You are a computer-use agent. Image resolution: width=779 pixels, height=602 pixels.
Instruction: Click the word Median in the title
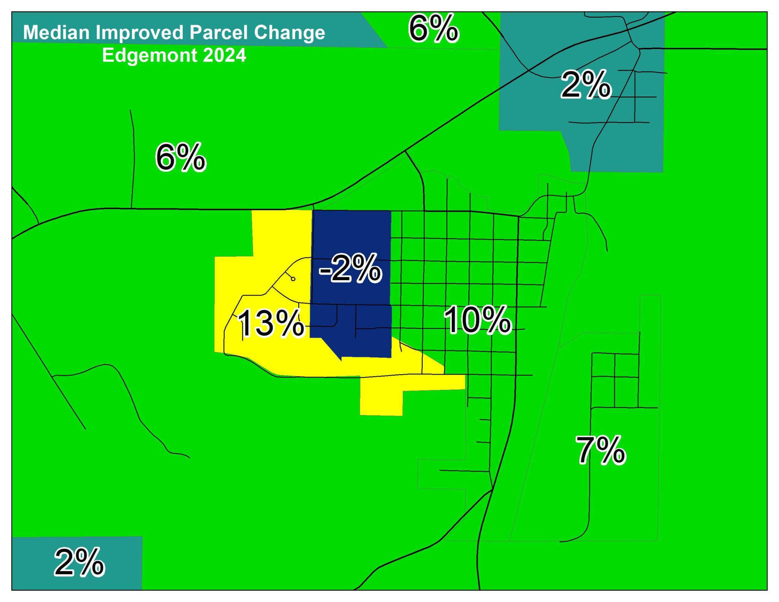[56, 33]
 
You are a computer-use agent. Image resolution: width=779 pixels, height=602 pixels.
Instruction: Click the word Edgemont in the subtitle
[149, 56]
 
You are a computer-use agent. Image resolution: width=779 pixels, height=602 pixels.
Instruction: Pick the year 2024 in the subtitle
[224, 56]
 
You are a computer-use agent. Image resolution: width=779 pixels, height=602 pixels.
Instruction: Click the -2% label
[350, 269]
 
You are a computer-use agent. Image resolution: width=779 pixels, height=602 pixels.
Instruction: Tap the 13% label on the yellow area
[270, 324]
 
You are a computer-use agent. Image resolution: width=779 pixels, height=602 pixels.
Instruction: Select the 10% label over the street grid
[477, 320]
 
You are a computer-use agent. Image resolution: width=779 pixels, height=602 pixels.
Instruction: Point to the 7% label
[600, 451]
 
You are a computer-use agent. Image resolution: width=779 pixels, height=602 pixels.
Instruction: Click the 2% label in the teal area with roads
[586, 85]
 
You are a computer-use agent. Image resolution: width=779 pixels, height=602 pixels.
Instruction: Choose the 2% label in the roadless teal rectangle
[79, 562]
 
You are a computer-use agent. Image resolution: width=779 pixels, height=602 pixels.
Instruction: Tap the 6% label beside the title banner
[433, 29]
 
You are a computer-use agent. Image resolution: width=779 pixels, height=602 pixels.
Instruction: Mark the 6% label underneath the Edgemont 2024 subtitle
[181, 157]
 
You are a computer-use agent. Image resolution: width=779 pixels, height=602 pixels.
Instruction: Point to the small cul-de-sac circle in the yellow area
[293, 279]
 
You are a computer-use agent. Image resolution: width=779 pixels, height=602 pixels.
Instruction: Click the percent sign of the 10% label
[494, 320]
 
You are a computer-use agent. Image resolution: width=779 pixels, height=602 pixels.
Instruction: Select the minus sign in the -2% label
[324, 271]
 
